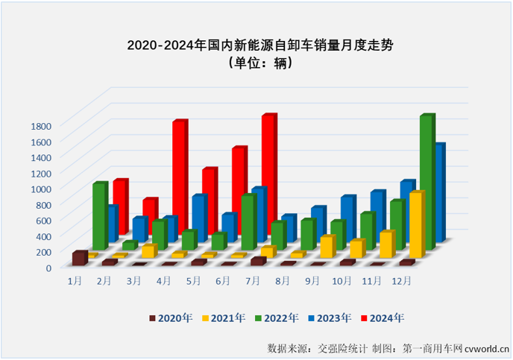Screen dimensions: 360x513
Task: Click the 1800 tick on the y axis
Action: tap(42, 125)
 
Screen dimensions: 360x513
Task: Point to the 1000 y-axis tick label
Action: tap(42, 189)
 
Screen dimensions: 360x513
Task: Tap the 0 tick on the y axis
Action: tap(48, 267)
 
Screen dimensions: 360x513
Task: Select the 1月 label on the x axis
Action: tap(75, 281)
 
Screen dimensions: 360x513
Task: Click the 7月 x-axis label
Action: tap(253, 281)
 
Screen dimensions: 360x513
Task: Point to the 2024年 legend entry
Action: tap(383, 318)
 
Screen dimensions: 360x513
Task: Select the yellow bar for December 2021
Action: tap(415, 224)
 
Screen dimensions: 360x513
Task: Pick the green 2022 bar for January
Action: tap(98, 216)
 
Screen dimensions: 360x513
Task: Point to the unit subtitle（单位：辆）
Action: tap(256, 64)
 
